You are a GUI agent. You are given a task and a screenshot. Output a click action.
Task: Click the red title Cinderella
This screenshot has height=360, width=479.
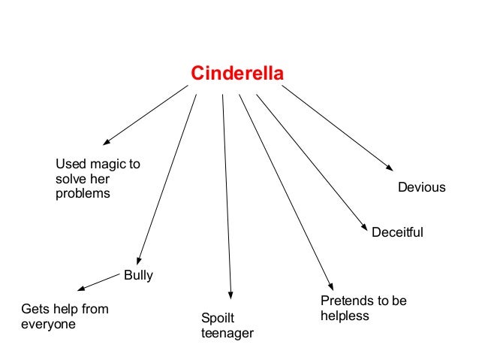pyautogui.click(x=236, y=74)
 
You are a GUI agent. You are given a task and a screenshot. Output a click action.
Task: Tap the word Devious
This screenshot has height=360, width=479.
pyautogui.click(x=421, y=187)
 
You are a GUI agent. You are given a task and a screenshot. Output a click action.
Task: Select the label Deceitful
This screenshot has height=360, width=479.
pyautogui.click(x=397, y=233)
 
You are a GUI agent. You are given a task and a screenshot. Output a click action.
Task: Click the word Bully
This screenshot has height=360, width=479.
pyautogui.click(x=138, y=275)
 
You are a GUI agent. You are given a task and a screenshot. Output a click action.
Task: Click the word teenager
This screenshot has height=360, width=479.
pyautogui.click(x=227, y=333)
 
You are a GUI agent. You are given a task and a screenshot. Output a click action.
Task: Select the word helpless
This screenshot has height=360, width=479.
pyautogui.click(x=345, y=316)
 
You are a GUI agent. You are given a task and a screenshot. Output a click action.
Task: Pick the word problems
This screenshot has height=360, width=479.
pyautogui.click(x=83, y=194)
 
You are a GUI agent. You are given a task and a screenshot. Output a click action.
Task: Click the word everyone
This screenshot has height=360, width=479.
pyautogui.click(x=48, y=325)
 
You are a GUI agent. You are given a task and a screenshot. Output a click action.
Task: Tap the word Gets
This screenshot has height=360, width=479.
pyautogui.click(x=34, y=309)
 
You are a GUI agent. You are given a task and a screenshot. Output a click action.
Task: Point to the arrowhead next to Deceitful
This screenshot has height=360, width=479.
pyautogui.click(x=365, y=227)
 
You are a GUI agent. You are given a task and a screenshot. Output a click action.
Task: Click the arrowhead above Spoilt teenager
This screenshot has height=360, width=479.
pyautogui.click(x=231, y=295)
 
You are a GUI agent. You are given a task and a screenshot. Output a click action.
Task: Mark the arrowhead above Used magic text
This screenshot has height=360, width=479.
pyautogui.click(x=107, y=141)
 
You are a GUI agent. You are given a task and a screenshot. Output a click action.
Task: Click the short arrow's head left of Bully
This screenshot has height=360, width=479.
pyautogui.click(x=80, y=289)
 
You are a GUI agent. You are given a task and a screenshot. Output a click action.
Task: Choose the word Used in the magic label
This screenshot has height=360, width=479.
pyautogui.click(x=70, y=165)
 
